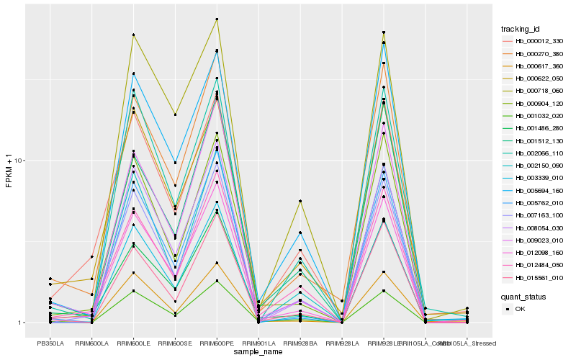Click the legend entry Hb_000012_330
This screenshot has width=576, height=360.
point(536,41)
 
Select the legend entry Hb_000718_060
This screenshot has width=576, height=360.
point(536,91)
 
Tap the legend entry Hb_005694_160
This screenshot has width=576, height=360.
point(536,190)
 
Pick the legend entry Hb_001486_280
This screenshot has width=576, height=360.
point(536,128)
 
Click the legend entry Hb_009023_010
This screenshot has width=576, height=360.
point(536,240)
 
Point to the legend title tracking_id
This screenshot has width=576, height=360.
point(521,29)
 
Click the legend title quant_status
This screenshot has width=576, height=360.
point(523,296)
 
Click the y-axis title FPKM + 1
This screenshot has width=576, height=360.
point(9,172)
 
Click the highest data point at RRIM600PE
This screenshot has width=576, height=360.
point(217,19)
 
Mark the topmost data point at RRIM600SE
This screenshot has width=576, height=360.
point(176,114)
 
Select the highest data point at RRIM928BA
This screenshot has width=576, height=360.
point(300,201)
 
